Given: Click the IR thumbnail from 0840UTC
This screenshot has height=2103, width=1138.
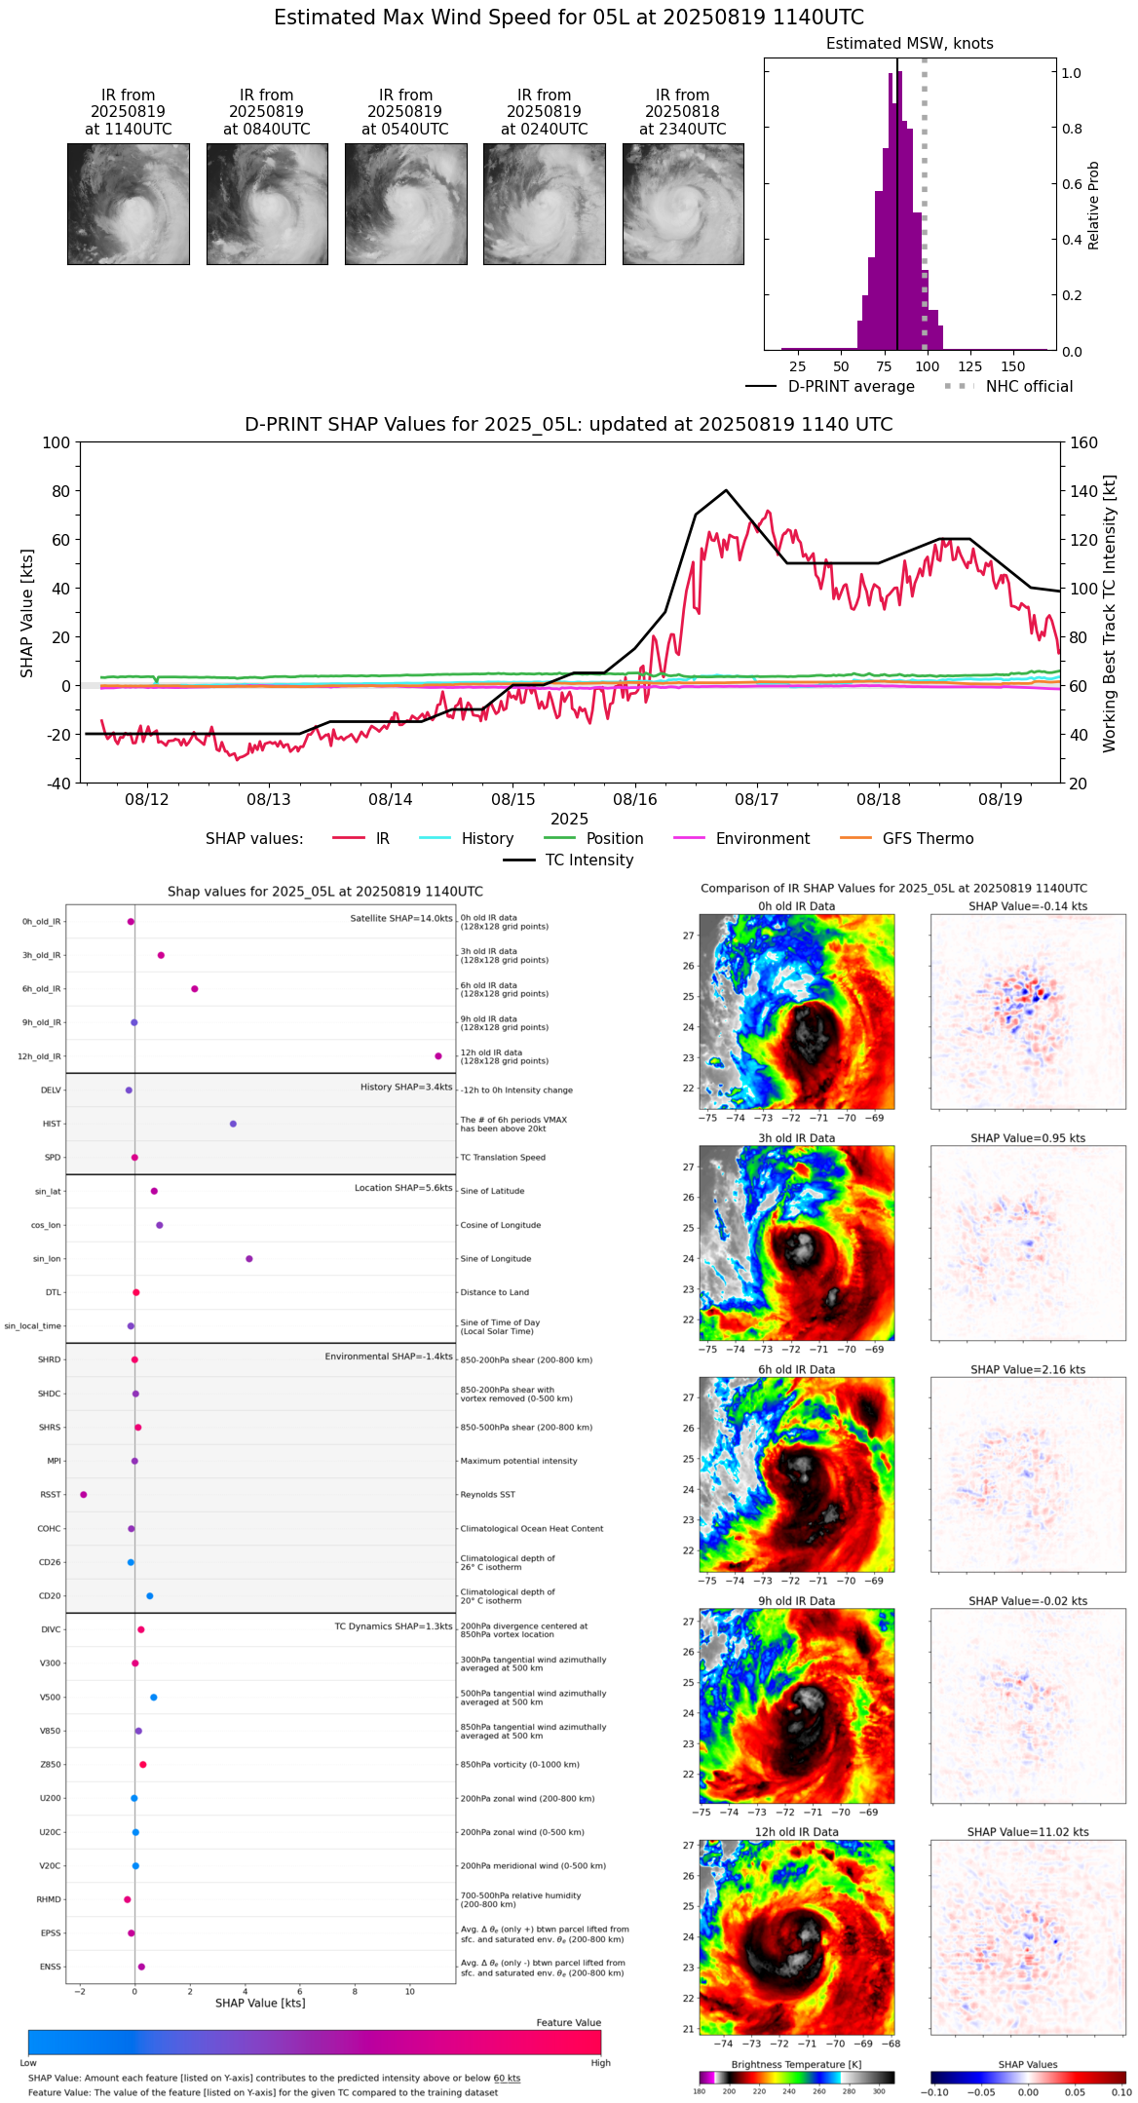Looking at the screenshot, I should tap(267, 204).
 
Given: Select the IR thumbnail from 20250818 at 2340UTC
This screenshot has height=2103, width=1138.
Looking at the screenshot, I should tap(683, 204).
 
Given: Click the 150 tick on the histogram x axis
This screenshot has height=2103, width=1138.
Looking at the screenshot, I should tap(1013, 366).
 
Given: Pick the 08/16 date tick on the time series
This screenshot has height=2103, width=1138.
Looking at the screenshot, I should tap(635, 800).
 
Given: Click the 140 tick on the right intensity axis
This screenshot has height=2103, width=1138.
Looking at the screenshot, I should tap(1084, 491).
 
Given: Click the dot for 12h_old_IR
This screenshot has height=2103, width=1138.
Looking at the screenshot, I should tap(438, 1056).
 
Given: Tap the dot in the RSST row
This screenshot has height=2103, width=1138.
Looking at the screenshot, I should tap(83, 1495).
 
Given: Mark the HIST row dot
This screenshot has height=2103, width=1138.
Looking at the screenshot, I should tap(233, 1124).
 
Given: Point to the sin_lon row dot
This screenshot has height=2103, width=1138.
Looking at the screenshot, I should tap(249, 1259).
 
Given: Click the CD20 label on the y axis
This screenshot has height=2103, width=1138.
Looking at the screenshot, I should tap(50, 1596).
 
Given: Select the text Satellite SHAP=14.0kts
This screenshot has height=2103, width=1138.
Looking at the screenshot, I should tap(401, 919).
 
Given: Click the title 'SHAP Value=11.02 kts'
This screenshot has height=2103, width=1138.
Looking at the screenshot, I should tap(1028, 1833).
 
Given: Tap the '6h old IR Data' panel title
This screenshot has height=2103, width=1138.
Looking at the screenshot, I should tap(796, 1370).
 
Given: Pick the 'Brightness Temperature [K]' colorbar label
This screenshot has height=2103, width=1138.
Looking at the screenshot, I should tap(796, 2065).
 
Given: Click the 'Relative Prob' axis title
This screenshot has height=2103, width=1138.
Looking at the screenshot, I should tap(1094, 205).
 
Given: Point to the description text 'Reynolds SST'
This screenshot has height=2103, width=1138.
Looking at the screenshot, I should tap(488, 1495).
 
